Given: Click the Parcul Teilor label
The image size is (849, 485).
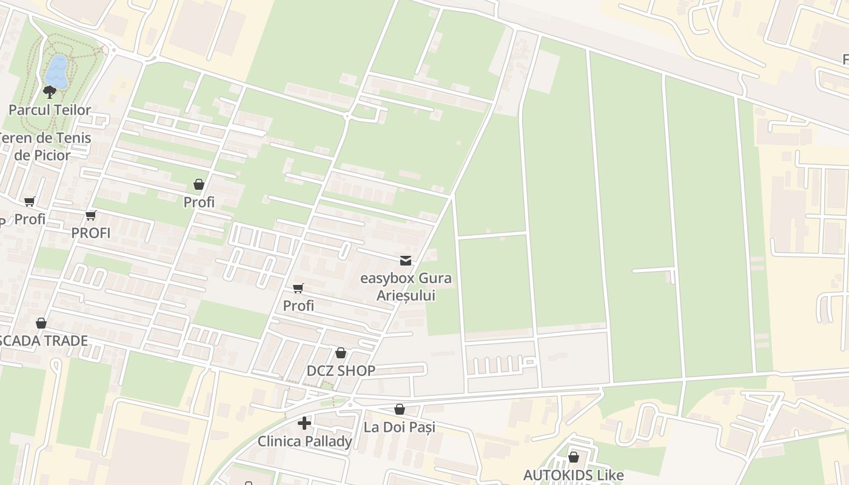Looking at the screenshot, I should point(50,110).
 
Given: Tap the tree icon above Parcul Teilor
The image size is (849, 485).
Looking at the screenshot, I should point(50,92).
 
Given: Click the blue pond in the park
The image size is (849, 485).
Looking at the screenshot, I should point(57,72).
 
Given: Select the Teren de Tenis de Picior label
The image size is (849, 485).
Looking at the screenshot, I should point(44,146).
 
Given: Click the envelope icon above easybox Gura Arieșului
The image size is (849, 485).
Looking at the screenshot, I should point(406,261).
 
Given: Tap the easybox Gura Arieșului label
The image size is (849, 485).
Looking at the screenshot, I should point(406,287).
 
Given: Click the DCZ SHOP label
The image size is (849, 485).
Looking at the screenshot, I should point(341,370).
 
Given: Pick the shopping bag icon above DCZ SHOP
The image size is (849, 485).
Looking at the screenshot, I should point(341,353).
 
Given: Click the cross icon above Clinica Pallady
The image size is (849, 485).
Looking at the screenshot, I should point(304,423).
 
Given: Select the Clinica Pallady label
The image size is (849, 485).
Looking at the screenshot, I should point(304,441).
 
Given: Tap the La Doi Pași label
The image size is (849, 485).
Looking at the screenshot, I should point(400,427).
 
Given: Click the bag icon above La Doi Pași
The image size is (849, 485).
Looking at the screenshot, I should point(400,410).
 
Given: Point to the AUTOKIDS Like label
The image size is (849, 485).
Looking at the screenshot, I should point(573,475).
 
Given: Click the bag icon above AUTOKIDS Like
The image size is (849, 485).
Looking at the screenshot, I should point(573,457).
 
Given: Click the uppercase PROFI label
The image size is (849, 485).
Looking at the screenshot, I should point(91,233).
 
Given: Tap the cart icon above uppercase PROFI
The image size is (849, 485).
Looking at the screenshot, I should point(91,215).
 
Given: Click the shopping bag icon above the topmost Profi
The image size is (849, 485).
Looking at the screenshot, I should point(199,184).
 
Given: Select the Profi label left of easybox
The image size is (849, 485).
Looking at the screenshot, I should point(298,306).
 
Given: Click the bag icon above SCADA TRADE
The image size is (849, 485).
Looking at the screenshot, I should point(41,323).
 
